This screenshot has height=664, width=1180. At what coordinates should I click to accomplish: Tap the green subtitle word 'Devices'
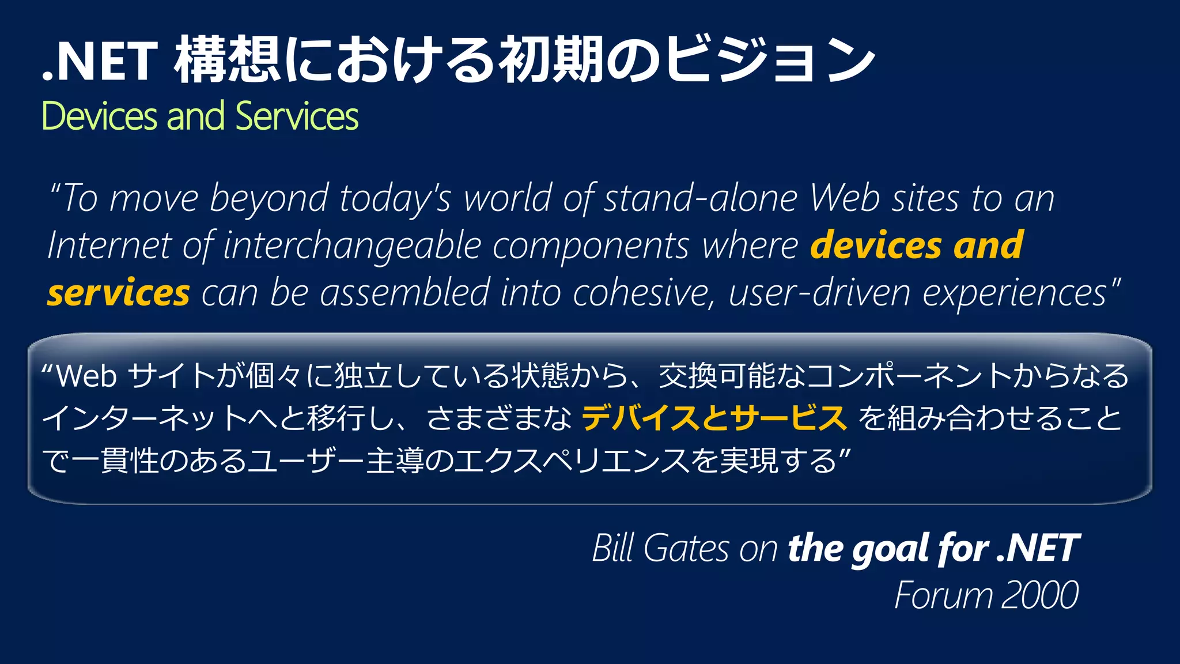click(x=99, y=116)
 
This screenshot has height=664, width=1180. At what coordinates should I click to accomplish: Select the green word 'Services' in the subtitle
click(x=297, y=116)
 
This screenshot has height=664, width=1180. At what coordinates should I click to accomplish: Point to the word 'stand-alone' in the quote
click(x=701, y=198)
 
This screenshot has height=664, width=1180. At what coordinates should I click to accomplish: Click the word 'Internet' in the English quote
click(x=109, y=246)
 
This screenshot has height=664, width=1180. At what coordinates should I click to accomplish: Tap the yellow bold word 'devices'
click(x=876, y=245)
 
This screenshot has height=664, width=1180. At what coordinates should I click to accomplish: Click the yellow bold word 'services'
click(x=118, y=293)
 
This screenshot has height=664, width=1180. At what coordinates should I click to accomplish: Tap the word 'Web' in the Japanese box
click(x=86, y=376)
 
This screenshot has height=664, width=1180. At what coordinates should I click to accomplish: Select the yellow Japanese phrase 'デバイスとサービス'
click(x=714, y=418)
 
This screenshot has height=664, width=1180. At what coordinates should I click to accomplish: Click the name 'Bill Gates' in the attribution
click(x=660, y=548)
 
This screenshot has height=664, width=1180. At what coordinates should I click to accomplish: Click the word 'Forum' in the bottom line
click(x=943, y=595)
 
